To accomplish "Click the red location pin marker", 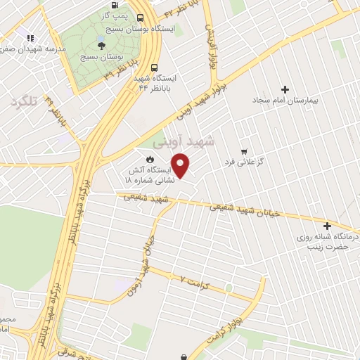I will tap(181, 165).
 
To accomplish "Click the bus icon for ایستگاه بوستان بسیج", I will tap(141, 18).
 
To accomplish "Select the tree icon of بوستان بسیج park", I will tap(103, 43).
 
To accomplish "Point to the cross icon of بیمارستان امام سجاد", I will tap(285, 89).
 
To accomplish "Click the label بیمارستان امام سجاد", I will tap(288, 101).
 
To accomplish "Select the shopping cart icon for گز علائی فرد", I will tap(244, 150).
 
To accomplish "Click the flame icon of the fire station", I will tap(149, 159).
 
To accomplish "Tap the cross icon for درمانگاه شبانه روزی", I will tap(327, 226).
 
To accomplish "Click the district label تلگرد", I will tap(23, 102).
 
